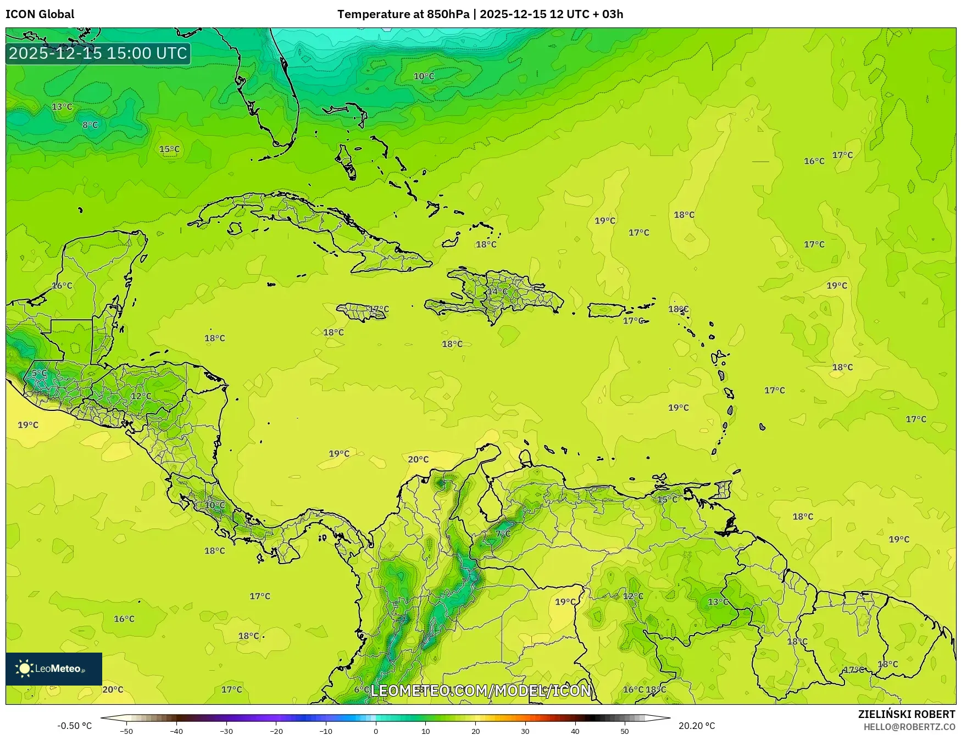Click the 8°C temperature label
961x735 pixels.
tap(90, 125)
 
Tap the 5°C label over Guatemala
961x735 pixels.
tap(39, 373)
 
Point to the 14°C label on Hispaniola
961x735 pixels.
tap(498, 291)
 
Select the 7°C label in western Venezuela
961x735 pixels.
tap(503, 533)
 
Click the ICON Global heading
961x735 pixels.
tap(40, 14)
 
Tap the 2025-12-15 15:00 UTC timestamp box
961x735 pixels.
tap(98, 53)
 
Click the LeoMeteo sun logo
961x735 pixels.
tap(24, 669)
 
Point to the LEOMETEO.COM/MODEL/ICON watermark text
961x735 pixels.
tap(481, 691)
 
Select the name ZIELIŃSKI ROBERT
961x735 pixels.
tap(907, 714)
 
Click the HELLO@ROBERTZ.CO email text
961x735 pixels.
tap(909, 727)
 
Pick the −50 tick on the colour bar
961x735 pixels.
tap(126, 731)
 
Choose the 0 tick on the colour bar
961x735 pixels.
tap(376, 731)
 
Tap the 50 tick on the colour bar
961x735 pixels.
tap(625, 731)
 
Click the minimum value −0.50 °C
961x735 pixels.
tap(75, 726)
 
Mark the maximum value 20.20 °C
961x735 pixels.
tap(697, 726)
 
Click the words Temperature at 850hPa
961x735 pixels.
tap(403, 14)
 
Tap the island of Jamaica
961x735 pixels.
tap(363, 312)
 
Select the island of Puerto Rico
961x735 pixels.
tap(607, 310)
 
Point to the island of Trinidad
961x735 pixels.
tap(724, 489)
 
